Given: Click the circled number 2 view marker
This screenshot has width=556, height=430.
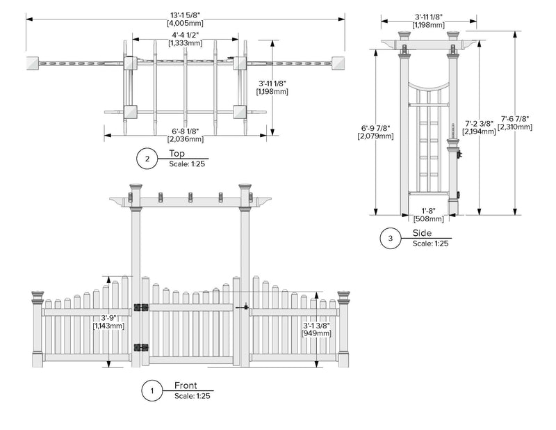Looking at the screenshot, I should tap(147, 159).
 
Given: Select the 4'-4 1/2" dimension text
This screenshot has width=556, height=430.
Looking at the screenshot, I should tap(185, 39).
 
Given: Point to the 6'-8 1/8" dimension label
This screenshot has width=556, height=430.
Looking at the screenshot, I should tap(185, 135).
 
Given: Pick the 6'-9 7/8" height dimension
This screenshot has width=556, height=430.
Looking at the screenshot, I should tap(375, 132).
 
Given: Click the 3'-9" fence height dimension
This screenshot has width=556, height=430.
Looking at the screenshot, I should tap(110, 321).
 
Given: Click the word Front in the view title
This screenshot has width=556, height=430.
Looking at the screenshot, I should tap(186, 385).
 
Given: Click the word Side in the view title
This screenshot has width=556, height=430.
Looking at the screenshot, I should tap(421, 233).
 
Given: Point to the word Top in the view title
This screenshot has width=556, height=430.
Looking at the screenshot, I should tap(177, 154).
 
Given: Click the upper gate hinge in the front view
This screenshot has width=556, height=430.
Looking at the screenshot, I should tap(142, 308).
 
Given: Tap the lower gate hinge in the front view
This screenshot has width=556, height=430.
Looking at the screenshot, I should tap(142, 348).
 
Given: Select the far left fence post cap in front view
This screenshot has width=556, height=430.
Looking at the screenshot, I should tap(38, 296).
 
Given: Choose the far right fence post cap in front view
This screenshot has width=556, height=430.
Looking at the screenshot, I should tap(343, 296).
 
